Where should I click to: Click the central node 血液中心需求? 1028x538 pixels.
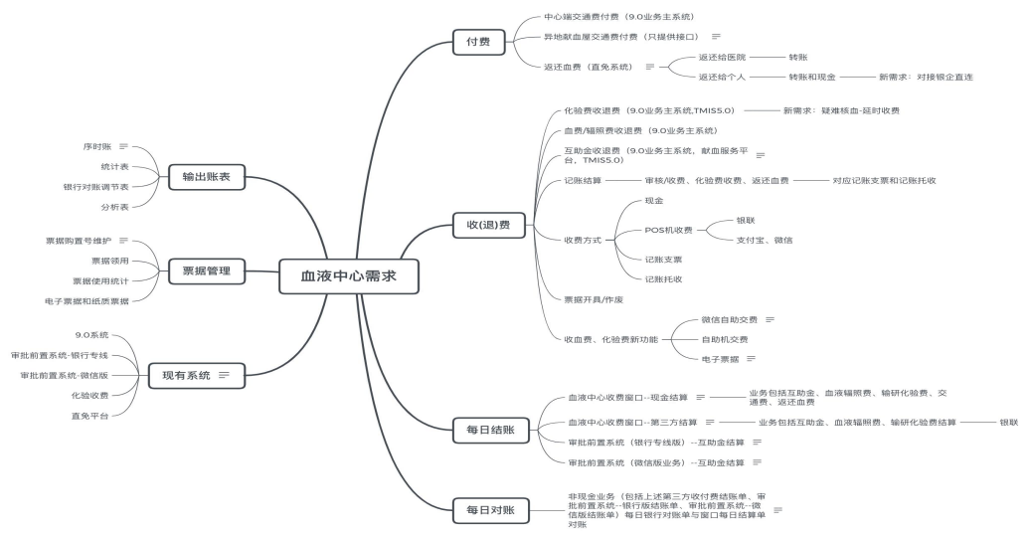pyautogui.click(x=348, y=275)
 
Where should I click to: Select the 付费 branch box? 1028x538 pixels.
pyautogui.click(x=477, y=42)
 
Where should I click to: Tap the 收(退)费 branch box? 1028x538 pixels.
pyautogui.click(x=481, y=226)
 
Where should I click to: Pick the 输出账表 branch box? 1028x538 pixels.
pyautogui.click(x=206, y=178)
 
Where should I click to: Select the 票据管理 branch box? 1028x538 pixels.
pyautogui.click(x=206, y=270)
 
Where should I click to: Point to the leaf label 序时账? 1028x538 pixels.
pyautogui.click(x=97, y=146)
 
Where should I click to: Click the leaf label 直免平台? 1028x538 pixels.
pyautogui.click(x=89, y=415)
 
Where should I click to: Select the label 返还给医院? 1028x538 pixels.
pyautogui.click(x=722, y=58)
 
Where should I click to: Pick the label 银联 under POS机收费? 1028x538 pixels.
pyautogui.click(x=746, y=220)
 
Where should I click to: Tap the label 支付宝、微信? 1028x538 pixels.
pyautogui.click(x=764, y=240)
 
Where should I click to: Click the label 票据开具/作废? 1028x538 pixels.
pyautogui.click(x=594, y=299)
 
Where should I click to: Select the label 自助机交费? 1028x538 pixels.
pyautogui.click(x=724, y=339)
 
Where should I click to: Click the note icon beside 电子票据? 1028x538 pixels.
pyautogui.click(x=751, y=358)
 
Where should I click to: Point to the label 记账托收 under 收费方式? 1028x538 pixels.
pyautogui.click(x=663, y=279)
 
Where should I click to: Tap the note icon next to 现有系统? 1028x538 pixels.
pyautogui.click(x=225, y=375)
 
